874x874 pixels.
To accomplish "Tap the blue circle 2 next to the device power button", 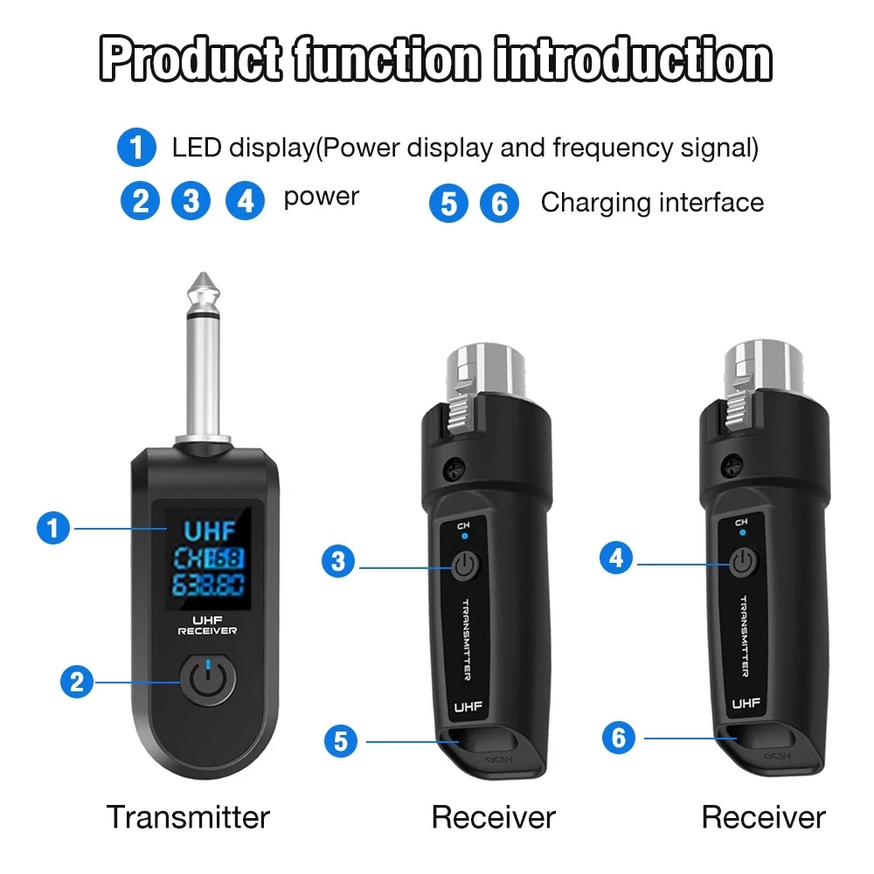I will point(79,681).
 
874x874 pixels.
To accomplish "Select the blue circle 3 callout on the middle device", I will point(339,561).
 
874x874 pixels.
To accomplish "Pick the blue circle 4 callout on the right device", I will point(618,557).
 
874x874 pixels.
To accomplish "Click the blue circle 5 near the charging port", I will point(341,741).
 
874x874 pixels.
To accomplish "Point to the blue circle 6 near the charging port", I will point(620,738).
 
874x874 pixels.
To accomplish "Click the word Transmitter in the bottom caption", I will point(188,817).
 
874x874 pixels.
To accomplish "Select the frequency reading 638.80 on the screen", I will point(207,584).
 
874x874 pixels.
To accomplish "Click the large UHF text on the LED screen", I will point(207,530).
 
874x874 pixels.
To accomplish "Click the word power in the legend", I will point(321,197).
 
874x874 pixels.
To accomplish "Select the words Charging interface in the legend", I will point(652,203).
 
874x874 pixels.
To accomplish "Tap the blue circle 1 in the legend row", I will point(137,148).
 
